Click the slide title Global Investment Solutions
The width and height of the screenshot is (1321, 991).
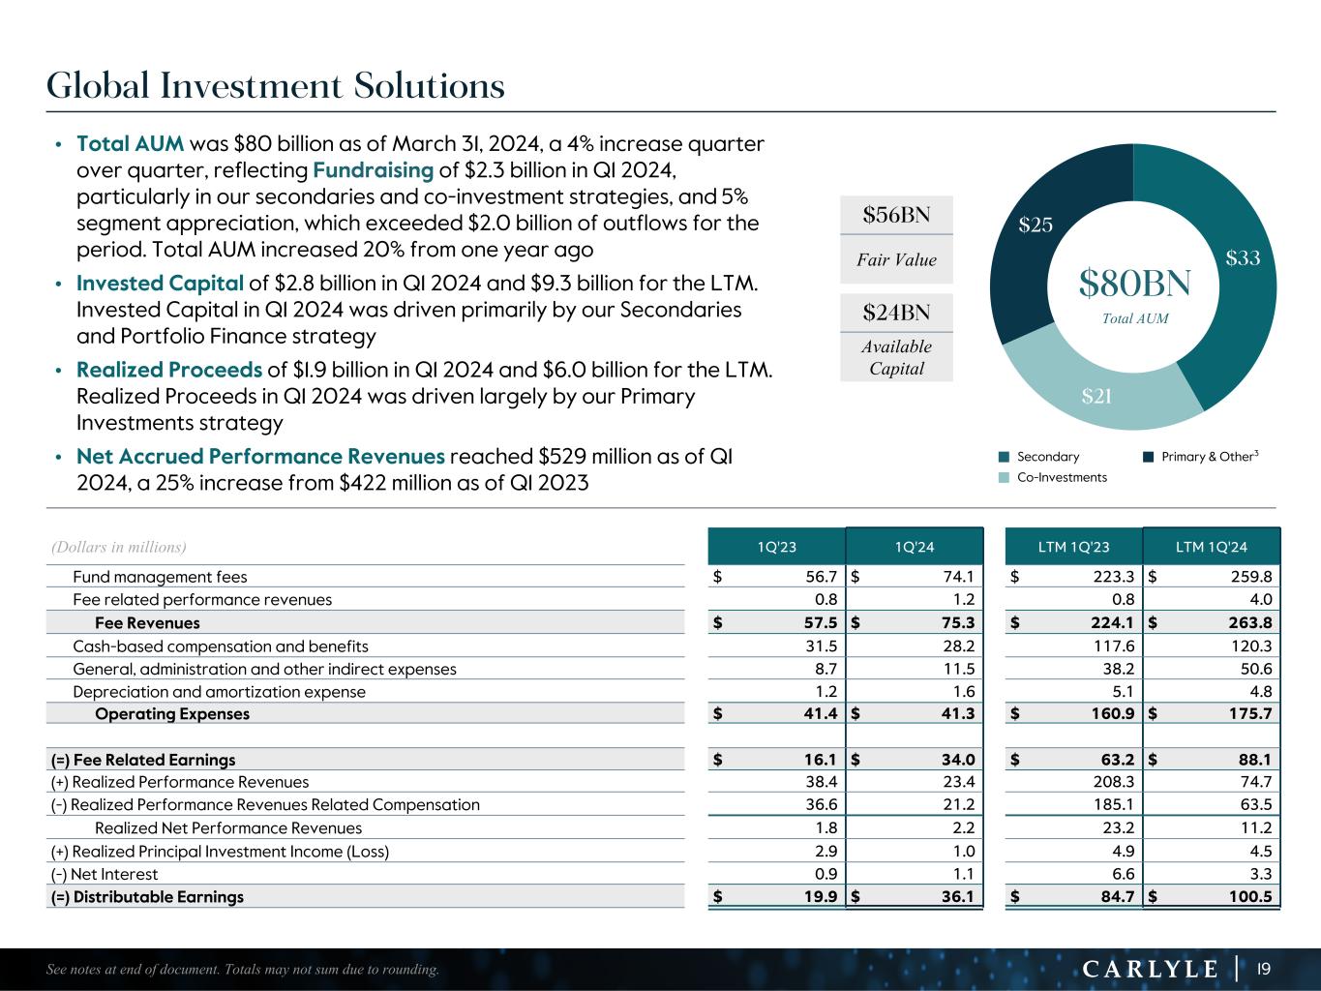[276, 86]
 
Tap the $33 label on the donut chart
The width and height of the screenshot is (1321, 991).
[1243, 258]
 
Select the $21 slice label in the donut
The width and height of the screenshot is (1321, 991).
[1096, 395]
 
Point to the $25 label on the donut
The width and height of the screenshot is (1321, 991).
[1035, 225]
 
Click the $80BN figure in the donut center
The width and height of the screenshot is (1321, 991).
[1134, 284]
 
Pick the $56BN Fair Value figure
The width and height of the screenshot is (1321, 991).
[896, 215]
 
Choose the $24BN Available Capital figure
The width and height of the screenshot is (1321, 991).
[896, 312]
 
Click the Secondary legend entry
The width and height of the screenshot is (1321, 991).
[1047, 457]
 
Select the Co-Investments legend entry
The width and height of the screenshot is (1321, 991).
[1061, 477]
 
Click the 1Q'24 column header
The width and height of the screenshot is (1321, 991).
[915, 548]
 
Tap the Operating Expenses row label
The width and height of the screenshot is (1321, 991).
[171, 714]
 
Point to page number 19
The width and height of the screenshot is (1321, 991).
[1262, 969]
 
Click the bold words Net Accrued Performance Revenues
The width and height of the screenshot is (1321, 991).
[260, 457]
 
